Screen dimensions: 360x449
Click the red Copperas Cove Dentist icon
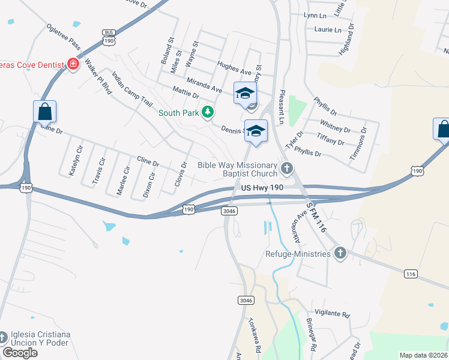(x=73, y=64)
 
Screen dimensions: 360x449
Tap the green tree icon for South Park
(x=208, y=112)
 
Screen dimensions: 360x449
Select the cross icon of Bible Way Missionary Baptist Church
(x=287, y=168)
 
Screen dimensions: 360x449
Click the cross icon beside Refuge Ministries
(x=340, y=253)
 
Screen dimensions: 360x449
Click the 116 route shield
(x=411, y=274)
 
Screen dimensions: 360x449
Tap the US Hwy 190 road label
(x=262, y=188)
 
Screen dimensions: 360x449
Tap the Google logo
(x=20, y=353)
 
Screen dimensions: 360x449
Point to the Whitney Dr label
(x=335, y=128)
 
